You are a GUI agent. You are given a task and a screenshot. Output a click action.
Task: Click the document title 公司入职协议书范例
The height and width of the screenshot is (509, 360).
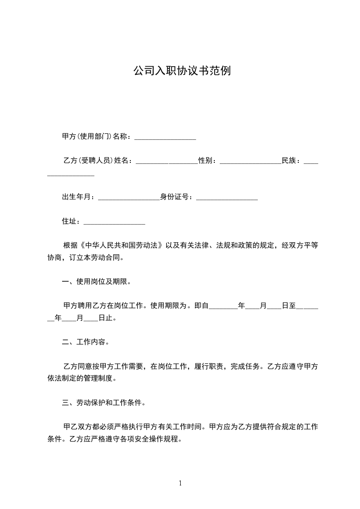pyautogui.click(x=182, y=71)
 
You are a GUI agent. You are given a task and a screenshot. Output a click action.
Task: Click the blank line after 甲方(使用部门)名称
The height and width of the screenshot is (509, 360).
pyautogui.click(x=165, y=137)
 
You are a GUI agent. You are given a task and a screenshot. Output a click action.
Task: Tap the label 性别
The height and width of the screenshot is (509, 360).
pyautogui.click(x=207, y=161)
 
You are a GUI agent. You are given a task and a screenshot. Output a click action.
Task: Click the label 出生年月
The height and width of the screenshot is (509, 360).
pyautogui.click(x=78, y=197)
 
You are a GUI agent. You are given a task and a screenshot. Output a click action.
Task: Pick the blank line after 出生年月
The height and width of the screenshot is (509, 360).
pyautogui.click(x=128, y=198)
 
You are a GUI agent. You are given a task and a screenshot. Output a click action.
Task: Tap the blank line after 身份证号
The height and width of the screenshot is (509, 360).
pyautogui.click(x=227, y=198)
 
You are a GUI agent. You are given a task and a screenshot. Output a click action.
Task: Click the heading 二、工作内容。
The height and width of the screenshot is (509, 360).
pyautogui.click(x=85, y=342)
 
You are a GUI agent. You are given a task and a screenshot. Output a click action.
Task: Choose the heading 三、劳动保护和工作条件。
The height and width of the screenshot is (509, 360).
pyautogui.click(x=104, y=402)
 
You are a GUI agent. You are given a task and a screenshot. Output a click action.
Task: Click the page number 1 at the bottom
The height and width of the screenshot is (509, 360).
pyautogui.click(x=180, y=483)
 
